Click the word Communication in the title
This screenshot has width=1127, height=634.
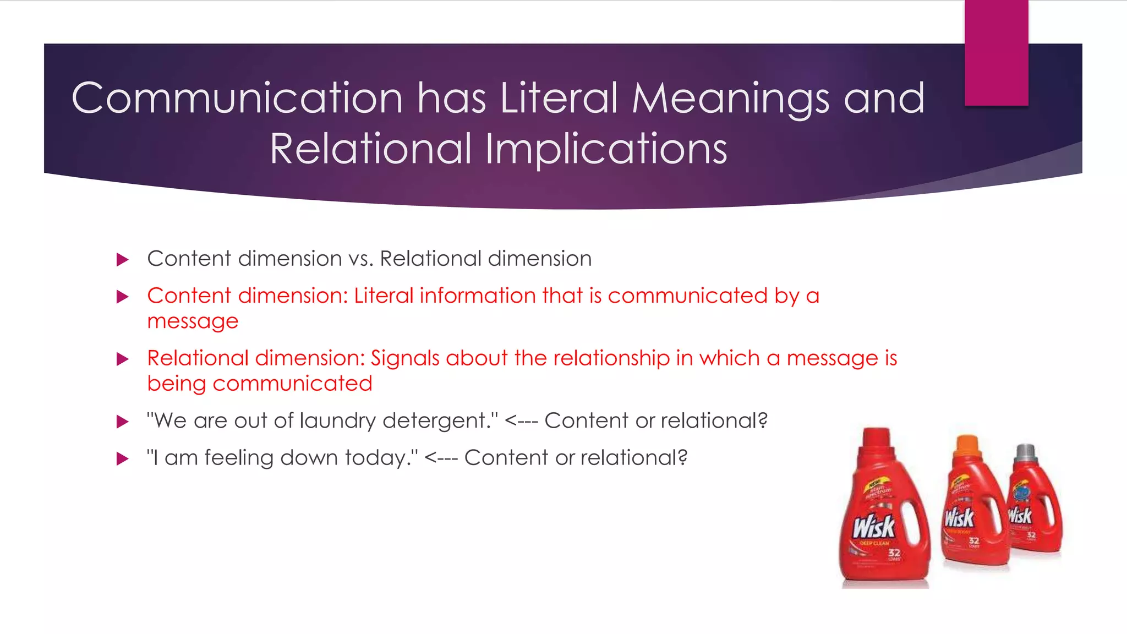coord(237,99)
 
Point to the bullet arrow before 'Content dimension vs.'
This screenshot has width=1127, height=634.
coord(122,259)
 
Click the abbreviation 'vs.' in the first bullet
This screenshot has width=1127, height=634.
coord(360,259)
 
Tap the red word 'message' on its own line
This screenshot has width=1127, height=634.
coord(193,321)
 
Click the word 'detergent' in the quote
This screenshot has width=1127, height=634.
coord(435,421)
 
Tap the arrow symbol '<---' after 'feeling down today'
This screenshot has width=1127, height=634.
coord(441,458)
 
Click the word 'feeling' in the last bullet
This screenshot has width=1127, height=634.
coord(239,458)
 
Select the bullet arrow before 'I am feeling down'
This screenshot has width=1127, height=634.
coord(122,458)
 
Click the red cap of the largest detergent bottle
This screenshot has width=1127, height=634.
coord(876,439)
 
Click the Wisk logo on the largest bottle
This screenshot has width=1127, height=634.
coord(874,527)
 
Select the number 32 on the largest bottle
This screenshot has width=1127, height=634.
coord(894,552)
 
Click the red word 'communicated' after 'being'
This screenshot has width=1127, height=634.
coord(292,384)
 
